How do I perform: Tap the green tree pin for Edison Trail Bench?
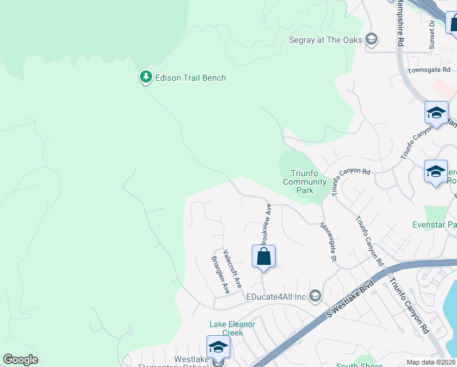pyautogui.click(x=145, y=76)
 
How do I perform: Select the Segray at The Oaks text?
pyautogui.click(x=326, y=40)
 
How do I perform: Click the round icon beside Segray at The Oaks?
pyautogui.click(x=371, y=40)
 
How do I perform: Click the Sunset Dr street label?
pyautogui.click(x=431, y=35)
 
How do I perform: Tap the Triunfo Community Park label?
pyautogui.click(x=305, y=182)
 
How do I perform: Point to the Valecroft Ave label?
pyautogui.click(x=233, y=269)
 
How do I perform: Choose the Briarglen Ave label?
pyautogui.click(x=220, y=275)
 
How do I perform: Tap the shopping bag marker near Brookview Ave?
pyautogui.click(x=263, y=256)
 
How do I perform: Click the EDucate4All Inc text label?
pyautogui.click(x=276, y=297)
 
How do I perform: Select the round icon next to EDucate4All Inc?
pyautogui.click(x=315, y=297)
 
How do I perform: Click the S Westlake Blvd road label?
pyautogui.click(x=350, y=300)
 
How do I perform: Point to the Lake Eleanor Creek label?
pyautogui.click(x=232, y=328)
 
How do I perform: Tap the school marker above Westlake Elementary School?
pyautogui.click(x=218, y=347)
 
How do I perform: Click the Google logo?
pyautogui.click(x=20, y=359)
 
